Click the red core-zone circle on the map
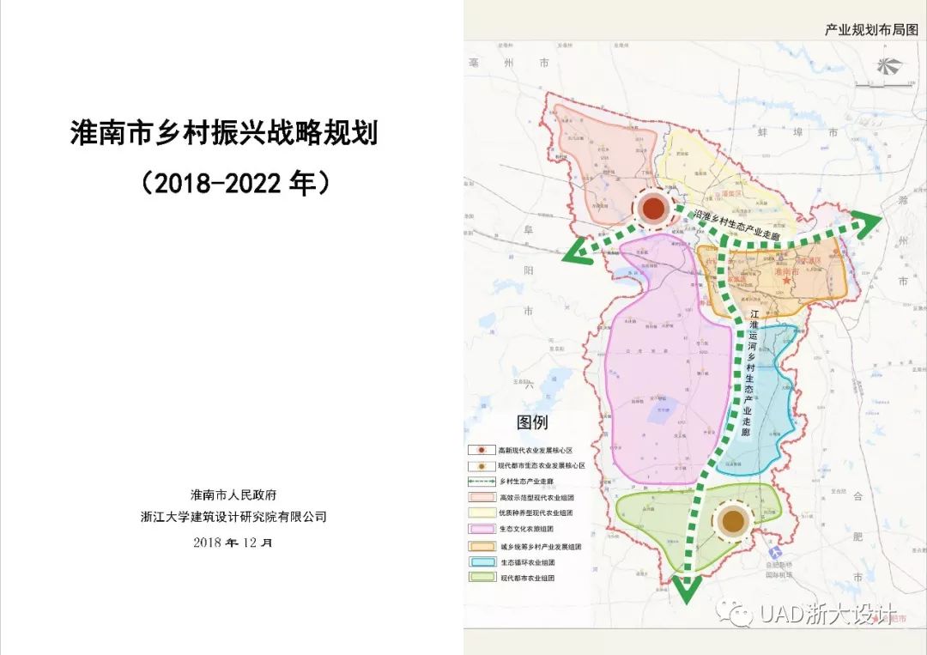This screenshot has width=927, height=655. point(654,208)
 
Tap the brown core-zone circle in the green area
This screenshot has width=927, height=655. point(732,520)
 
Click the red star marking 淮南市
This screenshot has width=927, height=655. point(785,282)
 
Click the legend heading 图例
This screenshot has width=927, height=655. point(532,422)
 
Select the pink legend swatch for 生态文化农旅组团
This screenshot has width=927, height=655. point(482,529)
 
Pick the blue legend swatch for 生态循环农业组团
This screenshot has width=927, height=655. point(482,562)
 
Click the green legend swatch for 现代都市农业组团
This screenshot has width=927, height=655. point(482,579)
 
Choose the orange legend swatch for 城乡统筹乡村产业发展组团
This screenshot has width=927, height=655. point(482,546)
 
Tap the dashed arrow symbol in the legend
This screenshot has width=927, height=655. point(482,482)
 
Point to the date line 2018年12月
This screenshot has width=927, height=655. point(233,542)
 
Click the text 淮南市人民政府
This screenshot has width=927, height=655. point(233,495)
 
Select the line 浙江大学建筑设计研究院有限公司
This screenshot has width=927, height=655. point(233,517)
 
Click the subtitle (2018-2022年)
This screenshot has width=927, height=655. point(234,183)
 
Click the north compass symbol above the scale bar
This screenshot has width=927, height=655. point(885,67)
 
